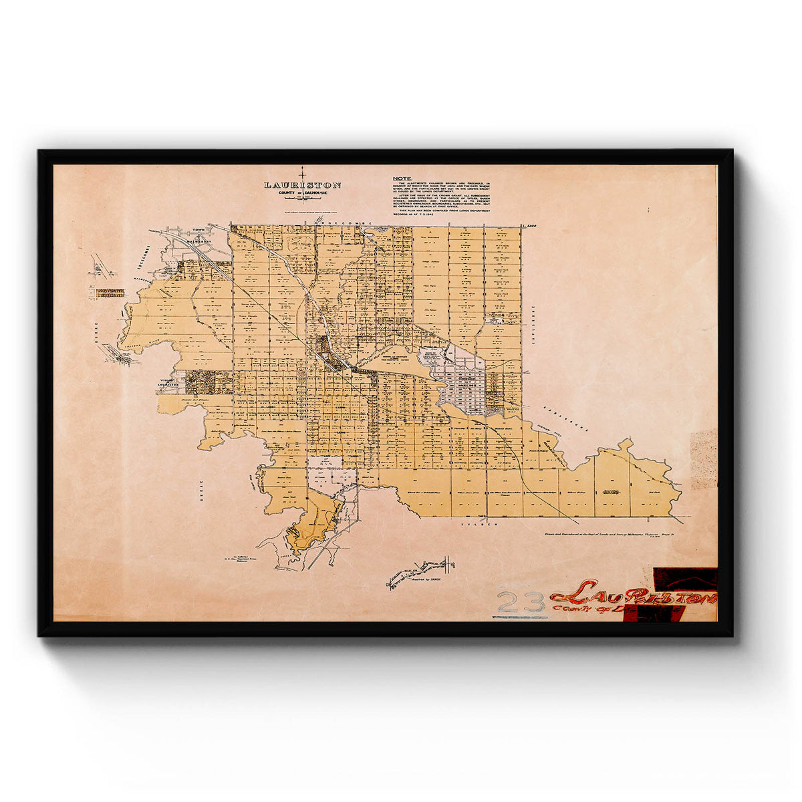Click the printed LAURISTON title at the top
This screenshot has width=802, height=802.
(302, 185)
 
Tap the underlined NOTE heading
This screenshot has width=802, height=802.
(402, 178)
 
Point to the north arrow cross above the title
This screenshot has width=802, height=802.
(302, 172)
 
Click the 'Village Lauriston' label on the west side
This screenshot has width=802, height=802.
(169, 382)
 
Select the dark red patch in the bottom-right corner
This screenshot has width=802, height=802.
(685, 578)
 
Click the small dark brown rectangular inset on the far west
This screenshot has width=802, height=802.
(110, 292)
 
